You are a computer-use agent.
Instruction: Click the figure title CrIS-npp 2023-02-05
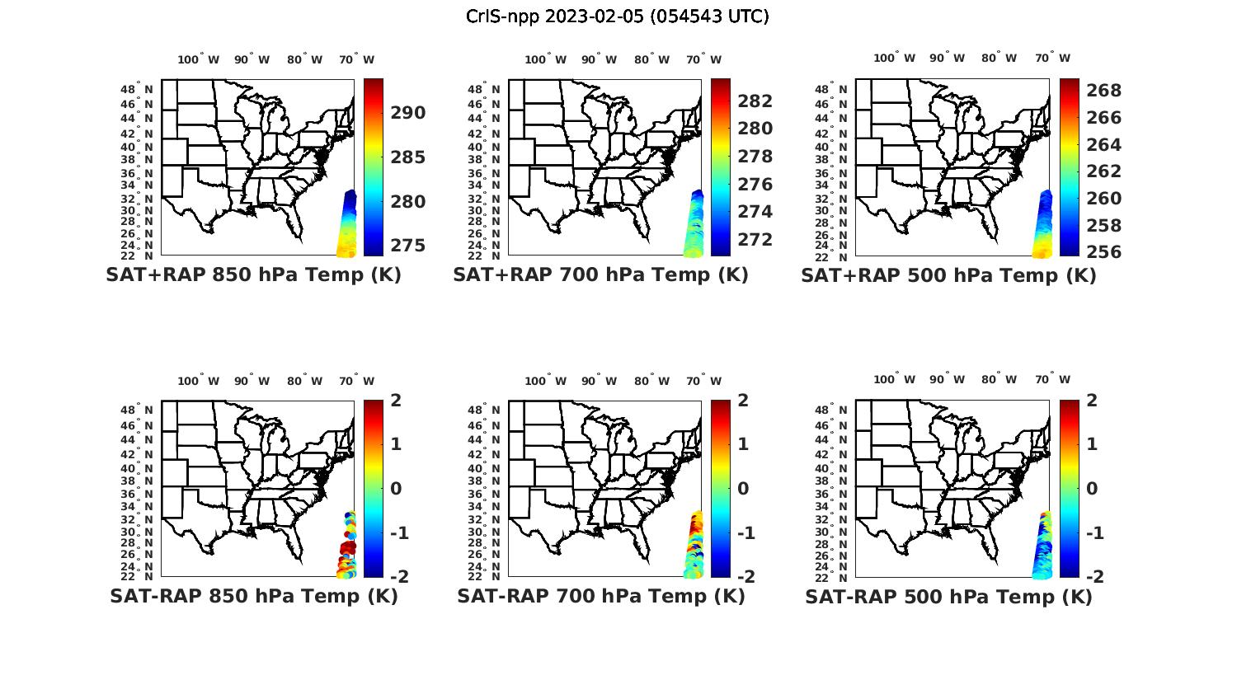point(618,16)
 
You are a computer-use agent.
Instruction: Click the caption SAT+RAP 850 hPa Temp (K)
point(253,274)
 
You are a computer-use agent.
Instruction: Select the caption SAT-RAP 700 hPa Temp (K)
point(601,596)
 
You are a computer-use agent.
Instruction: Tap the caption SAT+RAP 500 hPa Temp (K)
point(948,275)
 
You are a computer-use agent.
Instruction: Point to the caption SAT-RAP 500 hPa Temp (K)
point(948,597)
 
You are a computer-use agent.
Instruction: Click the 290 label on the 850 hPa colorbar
point(408,113)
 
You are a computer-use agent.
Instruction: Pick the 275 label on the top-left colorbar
point(408,246)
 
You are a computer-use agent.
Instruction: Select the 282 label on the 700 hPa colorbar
point(755,101)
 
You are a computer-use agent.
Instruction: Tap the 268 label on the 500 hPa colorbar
point(1103,91)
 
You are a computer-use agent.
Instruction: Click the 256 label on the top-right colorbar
point(1103,252)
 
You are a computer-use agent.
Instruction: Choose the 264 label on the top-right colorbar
point(1103,145)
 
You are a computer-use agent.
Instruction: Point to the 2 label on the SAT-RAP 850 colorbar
point(396,401)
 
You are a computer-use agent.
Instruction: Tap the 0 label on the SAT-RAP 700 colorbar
point(743,488)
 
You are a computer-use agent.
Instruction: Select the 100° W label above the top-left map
point(198,59)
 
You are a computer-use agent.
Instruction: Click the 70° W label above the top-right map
point(1052,58)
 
